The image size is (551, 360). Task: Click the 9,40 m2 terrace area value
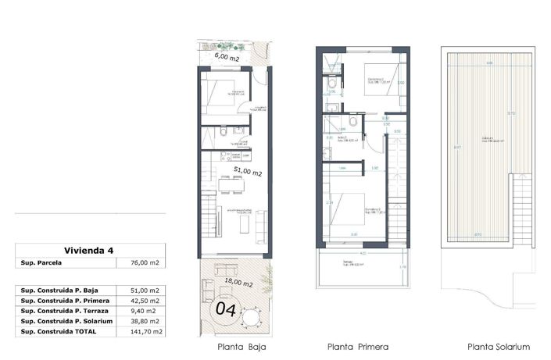[x=146, y=311]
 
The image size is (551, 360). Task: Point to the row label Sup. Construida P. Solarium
[x=66, y=321]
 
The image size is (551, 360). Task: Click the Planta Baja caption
[x=234, y=347]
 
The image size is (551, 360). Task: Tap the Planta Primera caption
[x=358, y=347]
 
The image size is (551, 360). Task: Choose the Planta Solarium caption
[x=499, y=347]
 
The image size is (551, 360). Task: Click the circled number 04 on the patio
[x=225, y=308]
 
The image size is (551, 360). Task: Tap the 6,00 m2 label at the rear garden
[x=227, y=57]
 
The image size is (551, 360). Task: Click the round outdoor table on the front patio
[x=252, y=316]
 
